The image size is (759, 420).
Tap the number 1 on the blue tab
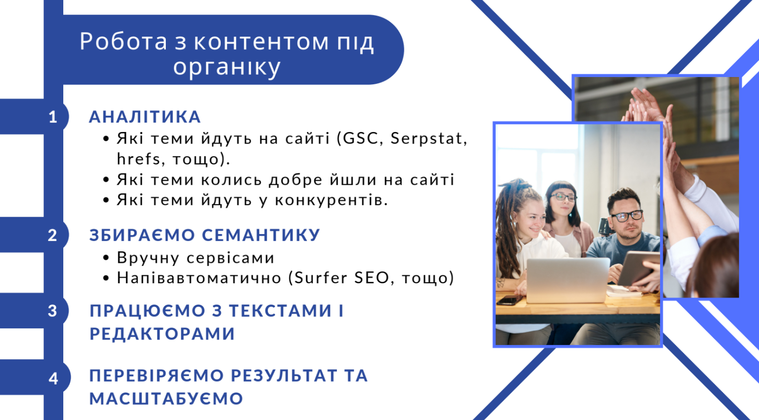(x=53, y=117)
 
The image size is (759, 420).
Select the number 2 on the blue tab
(x=52, y=235)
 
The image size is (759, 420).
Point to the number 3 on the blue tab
(x=52, y=311)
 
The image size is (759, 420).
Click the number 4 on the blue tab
(x=53, y=379)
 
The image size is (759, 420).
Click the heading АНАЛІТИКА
(x=145, y=117)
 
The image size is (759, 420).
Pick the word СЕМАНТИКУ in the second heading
(x=261, y=235)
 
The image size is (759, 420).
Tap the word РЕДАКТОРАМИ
(x=162, y=334)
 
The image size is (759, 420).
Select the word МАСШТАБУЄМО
(x=166, y=399)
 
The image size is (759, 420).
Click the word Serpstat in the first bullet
(x=428, y=138)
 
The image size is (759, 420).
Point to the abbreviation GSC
(x=360, y=138)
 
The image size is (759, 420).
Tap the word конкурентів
(x=331, y=200)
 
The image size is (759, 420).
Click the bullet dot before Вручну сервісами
(x=106, y=258)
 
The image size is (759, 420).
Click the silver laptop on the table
(x=568, y=280)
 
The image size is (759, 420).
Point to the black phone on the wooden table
(x=509, y=300)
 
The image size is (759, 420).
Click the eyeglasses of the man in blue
(x=626, y=216)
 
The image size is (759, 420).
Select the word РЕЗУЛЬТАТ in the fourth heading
(x=284, y=375)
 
